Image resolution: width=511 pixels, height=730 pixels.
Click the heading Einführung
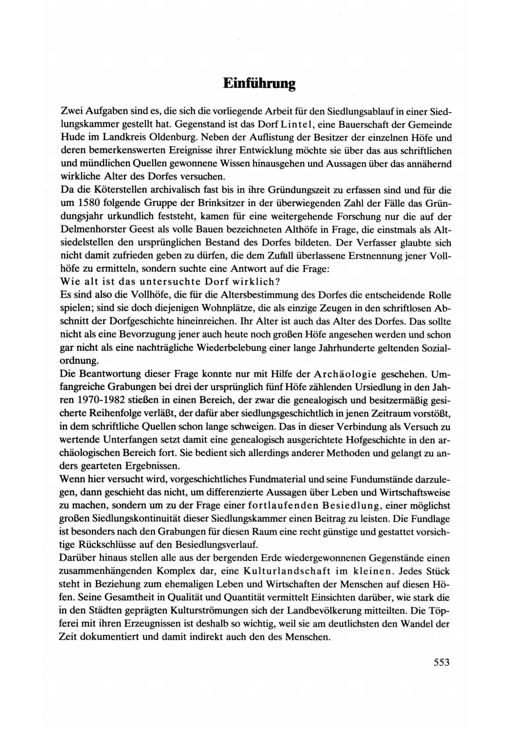(259, 83)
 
